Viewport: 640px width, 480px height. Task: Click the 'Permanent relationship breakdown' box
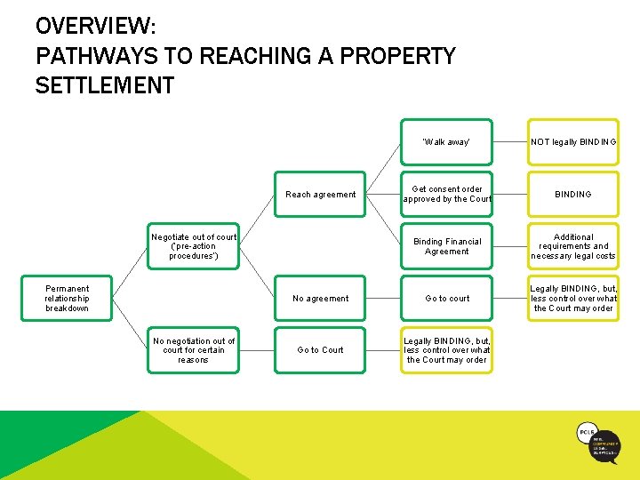(68, 299)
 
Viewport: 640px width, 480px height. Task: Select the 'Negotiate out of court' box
(194, 246)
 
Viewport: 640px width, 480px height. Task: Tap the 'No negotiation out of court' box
(194, 350)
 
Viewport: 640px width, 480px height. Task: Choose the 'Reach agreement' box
(320, 194)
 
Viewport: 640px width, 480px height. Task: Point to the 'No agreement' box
(320, 299)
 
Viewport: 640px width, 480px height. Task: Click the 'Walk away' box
(446, 142)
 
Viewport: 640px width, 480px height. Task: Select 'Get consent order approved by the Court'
(446, 194)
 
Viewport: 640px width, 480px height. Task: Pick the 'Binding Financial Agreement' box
(446, 246)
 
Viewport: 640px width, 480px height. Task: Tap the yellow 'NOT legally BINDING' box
(573, 142)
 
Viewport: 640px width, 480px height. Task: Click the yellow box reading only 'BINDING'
(573, 194)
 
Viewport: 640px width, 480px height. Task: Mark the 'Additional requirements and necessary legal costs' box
(573, 246)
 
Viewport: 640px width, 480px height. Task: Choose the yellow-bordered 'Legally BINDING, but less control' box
(573, 299)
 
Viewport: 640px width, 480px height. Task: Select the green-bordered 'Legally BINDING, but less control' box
(446, 350)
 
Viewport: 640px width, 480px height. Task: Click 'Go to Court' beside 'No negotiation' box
(320, 350)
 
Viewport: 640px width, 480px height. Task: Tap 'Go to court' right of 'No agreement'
(446, 299)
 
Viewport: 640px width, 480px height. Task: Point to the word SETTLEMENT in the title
(105, 86)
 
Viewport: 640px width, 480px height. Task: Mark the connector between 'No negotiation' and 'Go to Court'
(257, 350)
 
